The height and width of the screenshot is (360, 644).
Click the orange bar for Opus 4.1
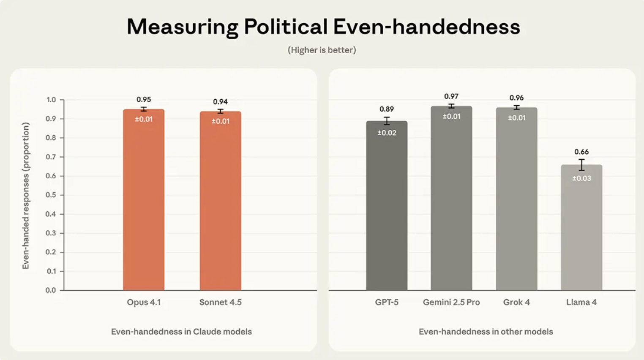[144, 203]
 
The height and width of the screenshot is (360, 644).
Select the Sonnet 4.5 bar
[220, 203]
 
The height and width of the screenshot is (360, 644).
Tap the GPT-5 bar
[387, 207]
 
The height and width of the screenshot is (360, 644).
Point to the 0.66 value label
[581, 152]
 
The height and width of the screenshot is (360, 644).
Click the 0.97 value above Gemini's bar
[451, 96]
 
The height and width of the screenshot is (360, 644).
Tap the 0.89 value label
[387, 109]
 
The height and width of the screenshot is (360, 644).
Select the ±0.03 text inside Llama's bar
[581, 178]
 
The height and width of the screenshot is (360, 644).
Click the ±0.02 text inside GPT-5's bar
[387, 133]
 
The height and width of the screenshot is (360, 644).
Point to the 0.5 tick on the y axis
[51, 195]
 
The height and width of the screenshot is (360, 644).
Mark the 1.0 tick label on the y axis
[51, 100]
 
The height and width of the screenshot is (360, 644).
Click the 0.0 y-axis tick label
[51, 290]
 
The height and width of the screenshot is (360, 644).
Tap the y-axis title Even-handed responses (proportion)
[26, 195]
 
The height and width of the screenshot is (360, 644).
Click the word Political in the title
[286, 27]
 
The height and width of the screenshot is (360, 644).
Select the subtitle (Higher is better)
[322, 50]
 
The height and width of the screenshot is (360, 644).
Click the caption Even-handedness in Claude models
[181, 332]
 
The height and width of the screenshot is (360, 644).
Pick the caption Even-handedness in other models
[486, 332]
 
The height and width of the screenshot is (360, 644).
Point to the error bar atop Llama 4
[581, 165]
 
